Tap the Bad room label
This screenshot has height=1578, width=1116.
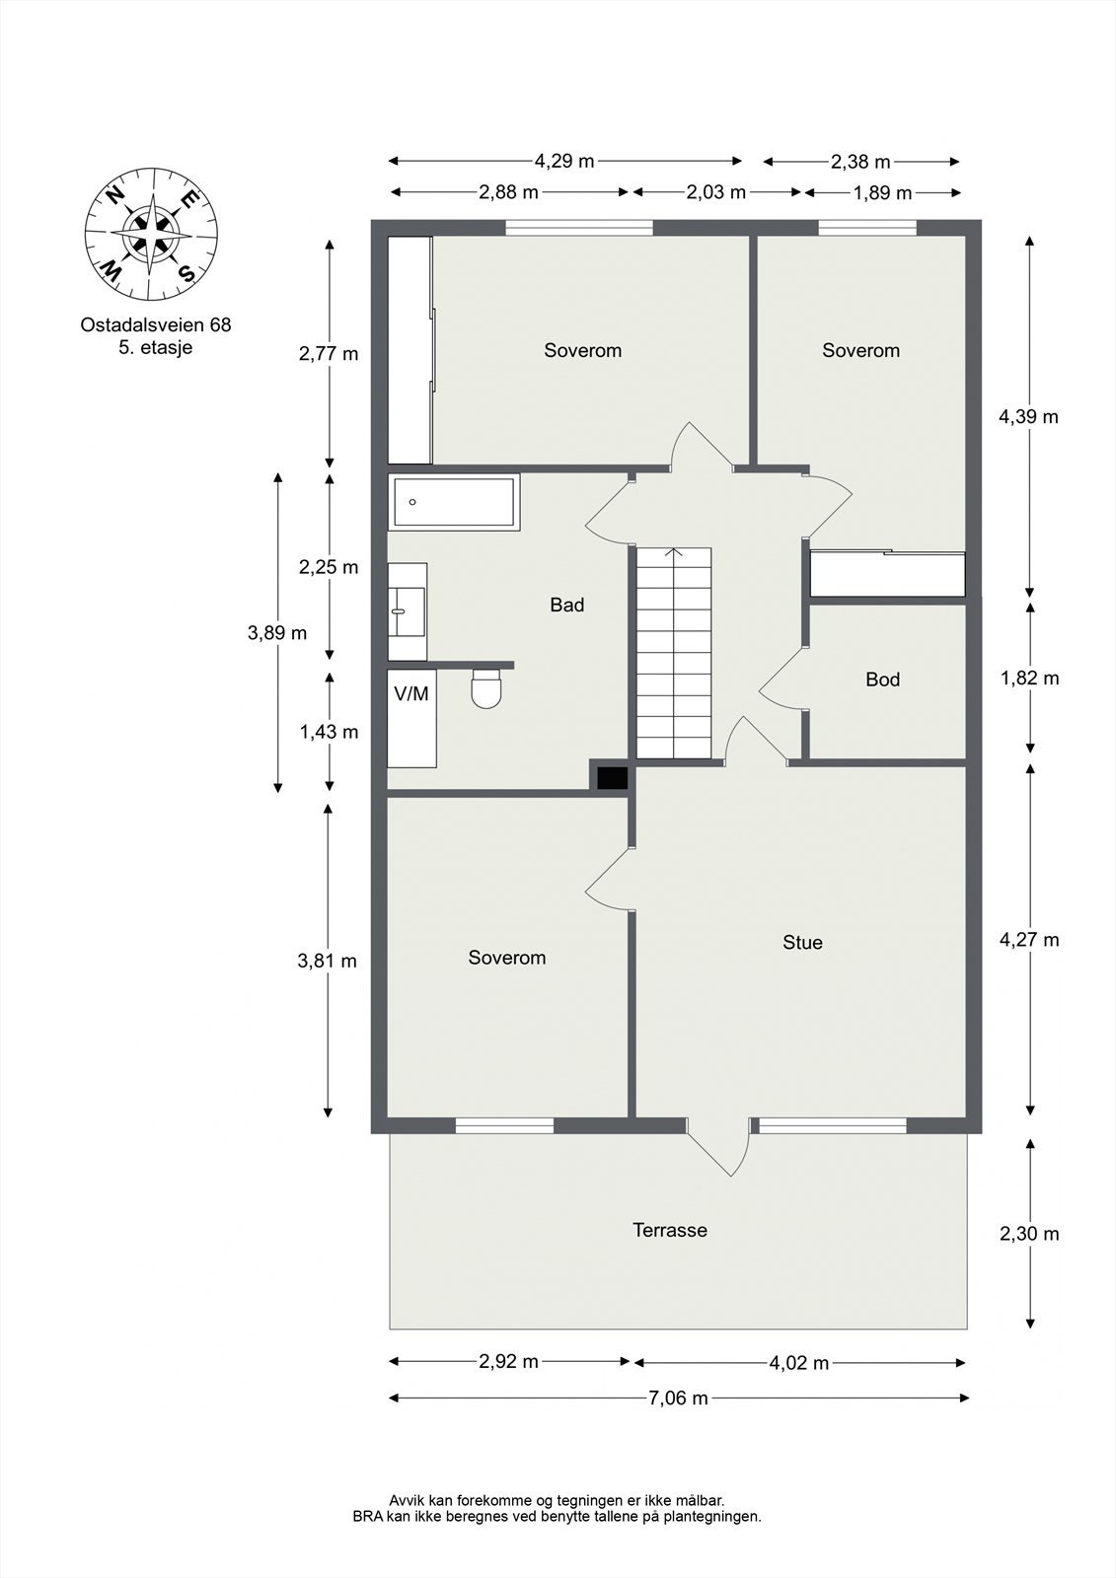pos(566,606)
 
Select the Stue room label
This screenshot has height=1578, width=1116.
pos(802,943)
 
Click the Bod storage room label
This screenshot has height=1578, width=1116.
pos(882,680)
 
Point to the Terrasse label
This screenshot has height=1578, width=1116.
pos(669,1231)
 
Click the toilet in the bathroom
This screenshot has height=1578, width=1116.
pos(486,689)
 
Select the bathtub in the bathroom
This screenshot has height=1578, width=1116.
pos(454,502)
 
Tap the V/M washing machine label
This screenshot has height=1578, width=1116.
pos(411,694)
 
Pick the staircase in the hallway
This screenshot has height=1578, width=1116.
pos(673,653)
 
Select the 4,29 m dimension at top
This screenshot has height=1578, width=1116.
pos(563,161)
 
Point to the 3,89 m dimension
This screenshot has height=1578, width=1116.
pos(277,633)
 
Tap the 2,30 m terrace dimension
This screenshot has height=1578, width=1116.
pos(1029,1234)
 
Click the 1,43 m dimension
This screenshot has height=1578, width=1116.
pos(329,732)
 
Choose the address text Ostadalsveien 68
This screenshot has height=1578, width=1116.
pos(156,324)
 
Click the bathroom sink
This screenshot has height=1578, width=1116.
pos(406,611)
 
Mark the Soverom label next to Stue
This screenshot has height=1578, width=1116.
pos(506,958)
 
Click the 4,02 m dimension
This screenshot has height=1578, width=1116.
pos(798,1363)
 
